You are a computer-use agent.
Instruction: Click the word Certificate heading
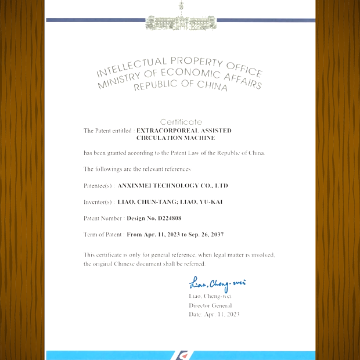[x=181, y=122]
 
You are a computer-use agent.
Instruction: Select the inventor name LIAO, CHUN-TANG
[x=146, y=201]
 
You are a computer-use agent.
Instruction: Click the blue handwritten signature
[x=217, y=284]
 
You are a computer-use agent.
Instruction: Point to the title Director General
[x=210, y=305]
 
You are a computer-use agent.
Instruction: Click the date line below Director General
[x=214, y=314]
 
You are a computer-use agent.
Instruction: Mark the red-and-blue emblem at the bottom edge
[x=181, y=355]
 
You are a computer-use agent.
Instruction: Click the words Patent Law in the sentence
[x=170, y=153]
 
